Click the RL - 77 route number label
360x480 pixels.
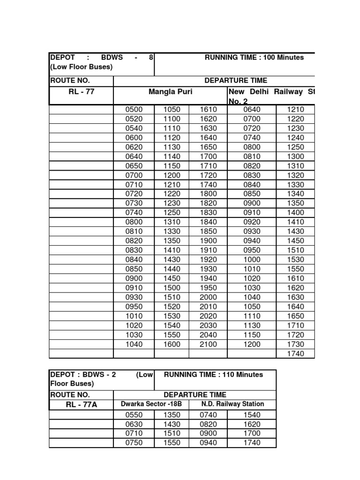[x=81, y=91]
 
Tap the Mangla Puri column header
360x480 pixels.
[x=170, y=91]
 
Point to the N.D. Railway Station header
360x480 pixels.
[x=232, y=404]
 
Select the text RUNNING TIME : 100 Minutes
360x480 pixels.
[x=254, y=58]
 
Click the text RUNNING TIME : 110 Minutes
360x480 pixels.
[x=213, y=375]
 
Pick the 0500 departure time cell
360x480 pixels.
[x=134, y=110]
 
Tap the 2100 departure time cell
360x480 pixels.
[x=208, y=344]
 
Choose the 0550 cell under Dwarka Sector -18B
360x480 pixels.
[x=134, y=415]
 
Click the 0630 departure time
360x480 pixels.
[x=134, y=424]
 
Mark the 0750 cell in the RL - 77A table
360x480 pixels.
[x=134, y=443]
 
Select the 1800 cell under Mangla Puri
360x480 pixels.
[x=208, y=194]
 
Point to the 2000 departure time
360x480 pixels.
[x=208, y=297]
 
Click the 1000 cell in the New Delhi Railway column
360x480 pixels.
[x=251, y=260]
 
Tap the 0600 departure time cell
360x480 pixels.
[x=134, y=138]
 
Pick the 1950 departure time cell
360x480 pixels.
[x=208, y=288]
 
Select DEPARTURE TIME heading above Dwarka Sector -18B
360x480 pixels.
[x=195, y=395]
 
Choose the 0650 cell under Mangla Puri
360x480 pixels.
[x=134, y=166]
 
